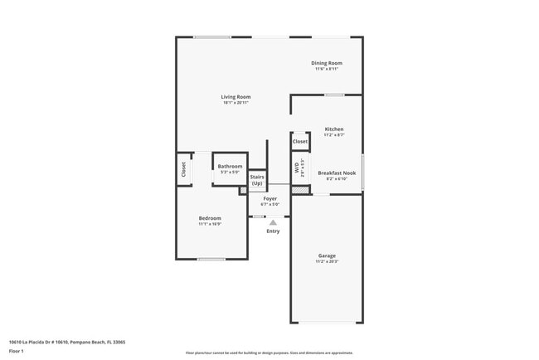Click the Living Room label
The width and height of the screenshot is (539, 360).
[236, 97]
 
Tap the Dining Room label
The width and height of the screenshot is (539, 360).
[327, 63]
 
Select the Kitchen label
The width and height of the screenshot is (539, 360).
[334, 129]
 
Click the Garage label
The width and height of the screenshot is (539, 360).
[327, 255]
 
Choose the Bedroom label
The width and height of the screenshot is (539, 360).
[210, 218]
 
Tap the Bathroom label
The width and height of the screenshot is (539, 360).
[230, 167]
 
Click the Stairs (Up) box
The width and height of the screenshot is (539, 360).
[257, 180]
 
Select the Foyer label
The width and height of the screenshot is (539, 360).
[270, 199]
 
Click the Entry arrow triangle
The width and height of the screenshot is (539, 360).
[273, 222]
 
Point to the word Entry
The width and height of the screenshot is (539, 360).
[273, 231]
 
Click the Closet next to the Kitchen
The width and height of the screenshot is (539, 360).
[300, 142]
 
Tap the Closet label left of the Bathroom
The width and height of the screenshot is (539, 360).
[184, 169]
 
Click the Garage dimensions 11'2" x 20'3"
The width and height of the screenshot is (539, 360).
[327, 261]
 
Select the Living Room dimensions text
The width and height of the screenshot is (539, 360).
[236, 103]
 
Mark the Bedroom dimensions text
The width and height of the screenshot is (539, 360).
[210, 224]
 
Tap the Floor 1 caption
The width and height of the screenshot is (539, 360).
[17, 352]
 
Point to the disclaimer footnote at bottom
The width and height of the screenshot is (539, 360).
[269, 353]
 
